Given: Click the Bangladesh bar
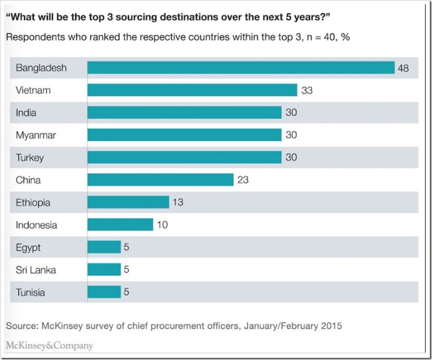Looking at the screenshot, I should pos(241,68).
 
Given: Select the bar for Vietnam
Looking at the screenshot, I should pos(192,90).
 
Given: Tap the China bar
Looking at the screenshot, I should pos(160,180).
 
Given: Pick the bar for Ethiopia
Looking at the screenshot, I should pos(128,202).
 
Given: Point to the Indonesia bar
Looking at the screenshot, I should pos(120,225).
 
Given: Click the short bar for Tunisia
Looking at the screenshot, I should pos(104,293).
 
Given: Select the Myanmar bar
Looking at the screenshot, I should pos(184,135).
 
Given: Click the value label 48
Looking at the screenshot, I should pos(404,68).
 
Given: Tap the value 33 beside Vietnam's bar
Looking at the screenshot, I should pos(307,90).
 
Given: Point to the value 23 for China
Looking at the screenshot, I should pos(242,180).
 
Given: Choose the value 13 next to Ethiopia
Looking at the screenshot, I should pos(178,202).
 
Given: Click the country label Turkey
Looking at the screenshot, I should pos(30,158).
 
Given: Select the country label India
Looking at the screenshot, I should pos(26,113).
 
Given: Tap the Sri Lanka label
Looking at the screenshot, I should pos(36,270).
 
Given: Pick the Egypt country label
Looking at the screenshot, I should pos(28,248).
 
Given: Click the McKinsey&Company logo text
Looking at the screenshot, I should pos(50,346).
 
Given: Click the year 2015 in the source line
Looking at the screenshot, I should pos(331,326).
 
